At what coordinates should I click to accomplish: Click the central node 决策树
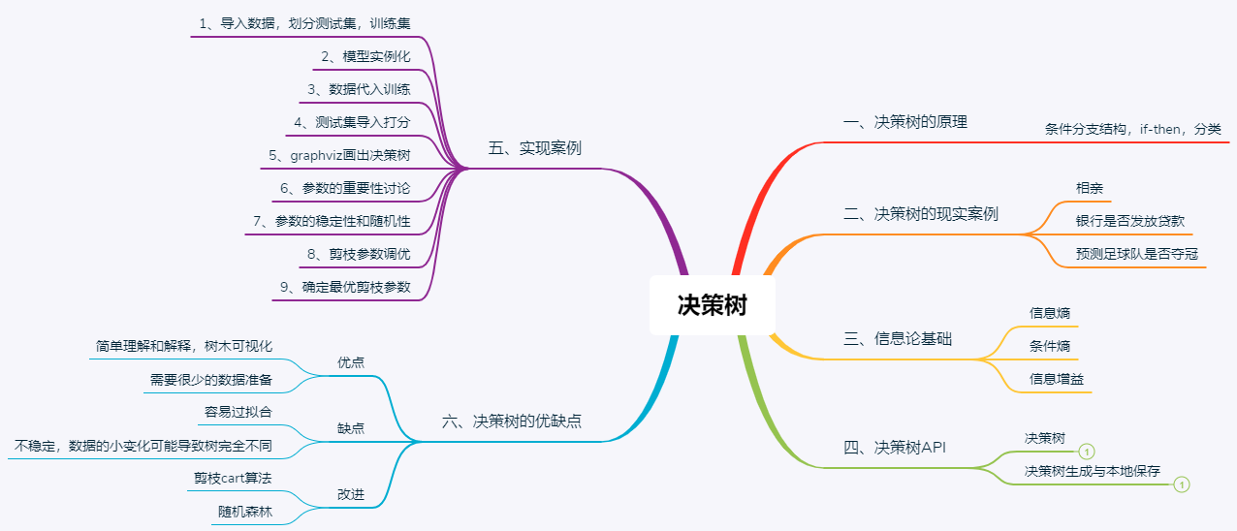click(x=713, y=306)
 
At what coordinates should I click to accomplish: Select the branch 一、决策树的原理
click(x=905, y=122)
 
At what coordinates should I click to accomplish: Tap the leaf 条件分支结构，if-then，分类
click(x=1132, y=128)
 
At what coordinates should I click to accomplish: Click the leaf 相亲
click(x=1089, y=188)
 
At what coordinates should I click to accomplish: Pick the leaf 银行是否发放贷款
click(x=1129, y=221)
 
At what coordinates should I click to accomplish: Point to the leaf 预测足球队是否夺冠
click(x=1136, y=254)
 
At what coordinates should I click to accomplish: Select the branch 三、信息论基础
click(x=898, y=339)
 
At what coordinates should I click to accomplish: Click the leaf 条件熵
click(x=1049, y=346)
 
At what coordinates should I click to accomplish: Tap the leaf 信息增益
click(x=1056, y=379)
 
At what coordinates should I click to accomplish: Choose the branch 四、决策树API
click(x=894, y=448)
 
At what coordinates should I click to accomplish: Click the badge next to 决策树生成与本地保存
click(x=1181, y=484)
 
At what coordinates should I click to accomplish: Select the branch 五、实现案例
click(x=535, y=148)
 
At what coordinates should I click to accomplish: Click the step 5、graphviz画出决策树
click(x=339, y=154)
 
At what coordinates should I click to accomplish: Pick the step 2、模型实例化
click(x=366, y=56)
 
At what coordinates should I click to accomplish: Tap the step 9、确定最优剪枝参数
click(x=344, y=287)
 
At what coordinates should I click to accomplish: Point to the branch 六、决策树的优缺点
click(x=512, y=422)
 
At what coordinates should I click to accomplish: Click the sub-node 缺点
click(x=350, y=427)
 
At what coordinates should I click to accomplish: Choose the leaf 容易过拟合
click(x=238, y=412)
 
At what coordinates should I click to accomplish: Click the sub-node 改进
click(x=350, y=493)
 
